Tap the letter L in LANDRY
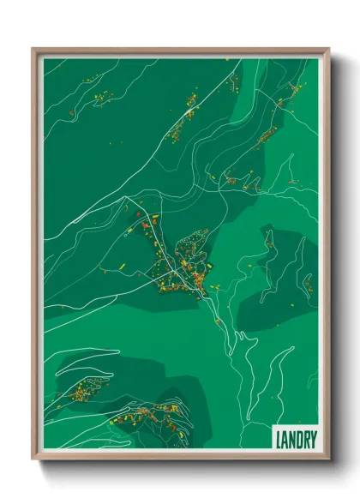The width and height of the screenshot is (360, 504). (279, 440)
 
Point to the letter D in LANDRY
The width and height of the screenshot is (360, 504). (297, 440)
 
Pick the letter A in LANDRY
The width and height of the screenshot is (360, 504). (285, 440)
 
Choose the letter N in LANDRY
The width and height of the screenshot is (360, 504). (291, 440)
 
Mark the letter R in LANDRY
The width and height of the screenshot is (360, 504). (303, 440)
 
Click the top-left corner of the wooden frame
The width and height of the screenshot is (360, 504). (33, 50)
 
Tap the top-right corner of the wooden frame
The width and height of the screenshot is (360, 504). (328, 50)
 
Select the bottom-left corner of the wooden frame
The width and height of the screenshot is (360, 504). (33, 459)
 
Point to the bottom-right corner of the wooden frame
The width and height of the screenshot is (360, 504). (328, 459)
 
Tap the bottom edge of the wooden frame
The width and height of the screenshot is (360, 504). (181, 458)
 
